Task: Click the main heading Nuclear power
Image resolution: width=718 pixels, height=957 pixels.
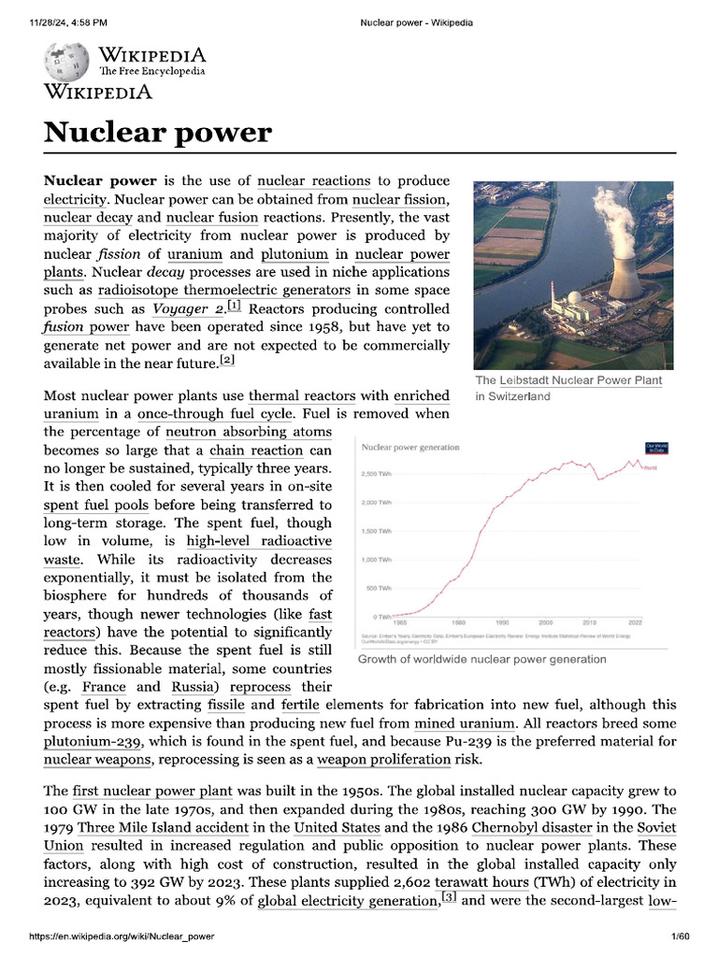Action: (x=157, y=132)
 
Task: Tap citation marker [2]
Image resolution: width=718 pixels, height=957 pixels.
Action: (x=226, y=360)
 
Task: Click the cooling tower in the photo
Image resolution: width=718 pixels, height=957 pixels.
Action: (x=625, y=270)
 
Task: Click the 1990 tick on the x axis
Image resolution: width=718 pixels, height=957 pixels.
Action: (x=502, y=621)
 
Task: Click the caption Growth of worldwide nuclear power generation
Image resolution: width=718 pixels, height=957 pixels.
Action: (x=482, y=659)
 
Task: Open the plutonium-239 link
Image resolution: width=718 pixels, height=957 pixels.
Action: (x=93, y=743)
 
